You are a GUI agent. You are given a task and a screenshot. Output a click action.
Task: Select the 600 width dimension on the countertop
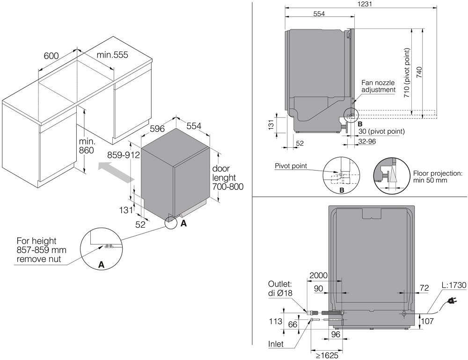click(51, 56)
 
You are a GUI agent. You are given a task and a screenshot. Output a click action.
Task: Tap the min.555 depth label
click(112, 55)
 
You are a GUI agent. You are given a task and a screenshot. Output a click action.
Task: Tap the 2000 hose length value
click(318, 275)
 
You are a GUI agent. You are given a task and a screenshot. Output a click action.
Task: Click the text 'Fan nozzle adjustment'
click(379, 86)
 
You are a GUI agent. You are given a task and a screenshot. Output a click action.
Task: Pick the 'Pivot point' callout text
click(290, 166)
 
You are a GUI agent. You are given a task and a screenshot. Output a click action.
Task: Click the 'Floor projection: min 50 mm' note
click(437, 176)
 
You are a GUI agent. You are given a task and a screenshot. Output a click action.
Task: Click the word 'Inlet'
click(276, 343)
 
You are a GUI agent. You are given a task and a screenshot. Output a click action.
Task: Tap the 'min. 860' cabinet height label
click(87, 145)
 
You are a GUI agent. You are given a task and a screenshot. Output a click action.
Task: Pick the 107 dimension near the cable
click(427, 321)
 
